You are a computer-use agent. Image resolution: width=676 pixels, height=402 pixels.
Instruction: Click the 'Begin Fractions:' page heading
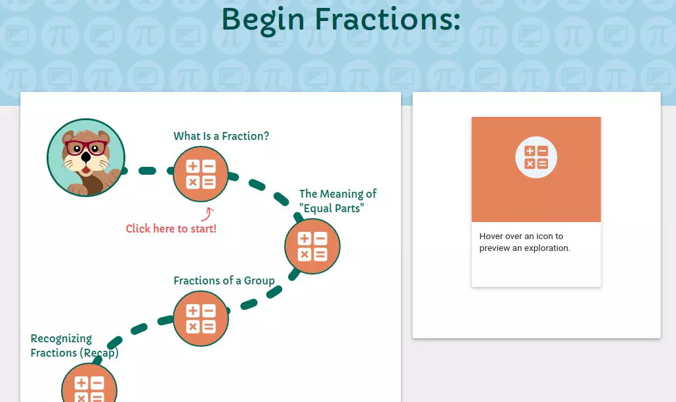point(341,20)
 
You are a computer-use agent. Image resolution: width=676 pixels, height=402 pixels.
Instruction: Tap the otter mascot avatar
point(86,158)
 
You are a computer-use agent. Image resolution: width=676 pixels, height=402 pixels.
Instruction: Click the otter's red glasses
point(86,148)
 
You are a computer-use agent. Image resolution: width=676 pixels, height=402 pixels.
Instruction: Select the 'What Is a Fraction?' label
point(221,136)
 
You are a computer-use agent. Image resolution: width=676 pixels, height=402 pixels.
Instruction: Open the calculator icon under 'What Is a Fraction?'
point(200,174)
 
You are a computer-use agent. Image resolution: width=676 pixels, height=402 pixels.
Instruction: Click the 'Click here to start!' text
point(171,229)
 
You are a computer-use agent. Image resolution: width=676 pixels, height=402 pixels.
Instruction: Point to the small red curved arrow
point(208,214)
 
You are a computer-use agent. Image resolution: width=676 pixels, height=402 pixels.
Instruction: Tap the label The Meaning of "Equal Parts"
point(338,201)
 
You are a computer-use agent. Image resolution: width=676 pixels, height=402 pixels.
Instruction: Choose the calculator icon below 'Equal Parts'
point(312,246)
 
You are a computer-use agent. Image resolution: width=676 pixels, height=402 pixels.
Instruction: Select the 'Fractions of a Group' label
point(224,280)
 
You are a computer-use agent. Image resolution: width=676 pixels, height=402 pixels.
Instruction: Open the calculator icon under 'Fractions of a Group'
point(200,319)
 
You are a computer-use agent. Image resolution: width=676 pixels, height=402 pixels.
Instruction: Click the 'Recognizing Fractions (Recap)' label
point(74,346)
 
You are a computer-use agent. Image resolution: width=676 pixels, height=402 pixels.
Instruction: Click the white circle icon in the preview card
point(536,157)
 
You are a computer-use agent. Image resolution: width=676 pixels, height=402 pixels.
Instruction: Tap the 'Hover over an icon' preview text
point(524,242)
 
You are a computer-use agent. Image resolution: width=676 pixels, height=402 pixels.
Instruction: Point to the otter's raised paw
point(113,177)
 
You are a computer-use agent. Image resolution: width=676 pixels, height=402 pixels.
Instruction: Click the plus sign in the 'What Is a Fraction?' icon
point(193,166)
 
